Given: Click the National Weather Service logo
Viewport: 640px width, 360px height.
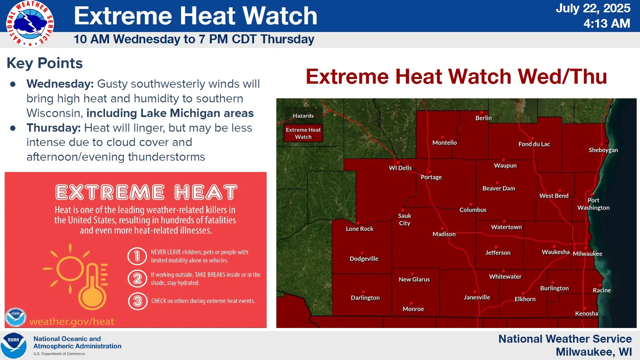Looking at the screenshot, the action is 30,24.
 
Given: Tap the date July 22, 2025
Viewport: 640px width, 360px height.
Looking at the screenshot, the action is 593,8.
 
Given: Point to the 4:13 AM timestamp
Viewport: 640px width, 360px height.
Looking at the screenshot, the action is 607,24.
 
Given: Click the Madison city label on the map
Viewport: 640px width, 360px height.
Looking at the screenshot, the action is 444,234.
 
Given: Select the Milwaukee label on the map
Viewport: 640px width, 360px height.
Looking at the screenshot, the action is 587,254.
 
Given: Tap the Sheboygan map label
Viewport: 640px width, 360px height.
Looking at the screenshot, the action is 603,150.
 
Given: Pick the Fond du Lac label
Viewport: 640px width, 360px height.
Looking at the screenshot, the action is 534,144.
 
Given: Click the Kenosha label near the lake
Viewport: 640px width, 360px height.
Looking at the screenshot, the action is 586,313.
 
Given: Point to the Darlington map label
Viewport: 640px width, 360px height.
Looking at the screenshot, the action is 365,298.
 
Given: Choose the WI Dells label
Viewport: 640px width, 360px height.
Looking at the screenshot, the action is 400,168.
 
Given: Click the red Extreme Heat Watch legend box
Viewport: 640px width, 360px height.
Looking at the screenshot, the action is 303,133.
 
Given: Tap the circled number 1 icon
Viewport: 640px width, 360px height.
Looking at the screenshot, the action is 137,256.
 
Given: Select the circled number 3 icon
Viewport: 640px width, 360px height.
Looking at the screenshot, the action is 138,301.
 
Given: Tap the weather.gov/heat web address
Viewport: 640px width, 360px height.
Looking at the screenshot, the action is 72,321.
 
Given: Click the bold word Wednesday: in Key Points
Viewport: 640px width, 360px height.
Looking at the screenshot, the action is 60,84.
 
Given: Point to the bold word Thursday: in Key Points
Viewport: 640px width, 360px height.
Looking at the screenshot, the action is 54,128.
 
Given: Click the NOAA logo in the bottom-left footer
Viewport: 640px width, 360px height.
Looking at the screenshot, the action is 14,346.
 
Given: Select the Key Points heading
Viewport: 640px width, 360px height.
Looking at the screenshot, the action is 45,63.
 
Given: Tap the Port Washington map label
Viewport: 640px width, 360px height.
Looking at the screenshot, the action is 593,204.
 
